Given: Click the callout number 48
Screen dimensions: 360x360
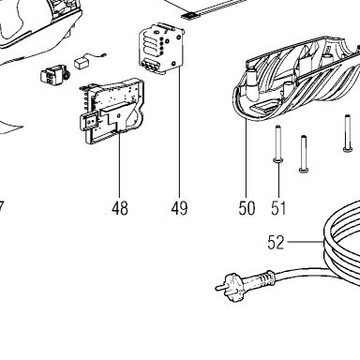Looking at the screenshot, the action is pyautogui.click(x=120, y=208).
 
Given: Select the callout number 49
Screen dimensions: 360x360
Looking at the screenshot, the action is pyautogui.click(x=179, y=208).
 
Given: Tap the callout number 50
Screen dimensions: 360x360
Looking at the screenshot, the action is pyautogui.click(x=247, y=208).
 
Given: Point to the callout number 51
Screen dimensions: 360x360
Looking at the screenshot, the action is pyautogui.click(x=278, y=208).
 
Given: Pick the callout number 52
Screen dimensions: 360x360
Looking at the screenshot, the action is pyautogui.click(x=276, y=243).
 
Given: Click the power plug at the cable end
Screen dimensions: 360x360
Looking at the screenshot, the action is pyautogui.click(x=231, y=286).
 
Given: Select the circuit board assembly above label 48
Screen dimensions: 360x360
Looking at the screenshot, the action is pyautogui.click(x=112, y=111).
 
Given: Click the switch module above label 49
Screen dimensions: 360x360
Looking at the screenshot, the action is pyautogui.click(x=162, y=49).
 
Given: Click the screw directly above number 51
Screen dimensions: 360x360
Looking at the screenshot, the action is pyautogui.click(x=278, y=143).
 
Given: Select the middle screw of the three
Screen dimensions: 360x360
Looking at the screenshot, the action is pyautogui.click(x=304, y=154).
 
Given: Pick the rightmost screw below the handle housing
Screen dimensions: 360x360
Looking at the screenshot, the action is pyautogui.click(x=347, y=133).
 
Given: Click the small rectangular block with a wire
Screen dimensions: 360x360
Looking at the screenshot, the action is pyautogui.click(x=82, y=63).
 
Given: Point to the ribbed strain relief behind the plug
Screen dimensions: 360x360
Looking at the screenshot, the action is pyautogui.click(x=264, y=277).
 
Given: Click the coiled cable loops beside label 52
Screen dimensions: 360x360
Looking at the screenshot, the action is pyautogui.click(x=342, y=247).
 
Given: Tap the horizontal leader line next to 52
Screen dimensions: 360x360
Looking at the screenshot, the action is pyautogui.click(x=305, y=242).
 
